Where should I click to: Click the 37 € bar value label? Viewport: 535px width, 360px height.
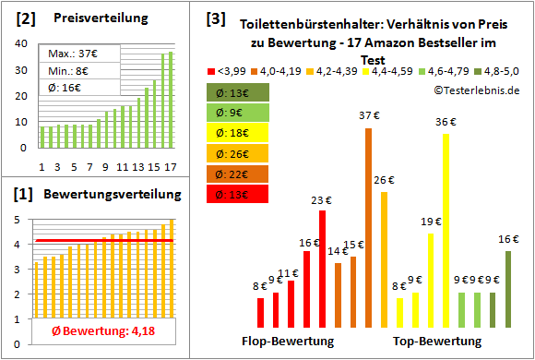[x=369, y=114]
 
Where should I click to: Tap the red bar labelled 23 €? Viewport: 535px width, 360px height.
[x=322, y=269]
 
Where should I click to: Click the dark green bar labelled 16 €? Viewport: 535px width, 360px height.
[x=507, y=277]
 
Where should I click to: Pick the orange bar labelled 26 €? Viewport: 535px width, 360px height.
[x=385, y=259]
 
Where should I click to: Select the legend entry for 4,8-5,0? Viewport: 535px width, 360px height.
[x=502, y=69]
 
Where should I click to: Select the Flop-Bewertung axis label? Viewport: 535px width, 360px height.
[x=287, y=342]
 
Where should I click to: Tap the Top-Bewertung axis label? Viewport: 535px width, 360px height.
[x=437, y=342]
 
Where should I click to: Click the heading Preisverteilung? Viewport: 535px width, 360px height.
[x=89, y=18]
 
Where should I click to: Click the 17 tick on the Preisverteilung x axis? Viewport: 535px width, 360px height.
[x=169, y=166]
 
